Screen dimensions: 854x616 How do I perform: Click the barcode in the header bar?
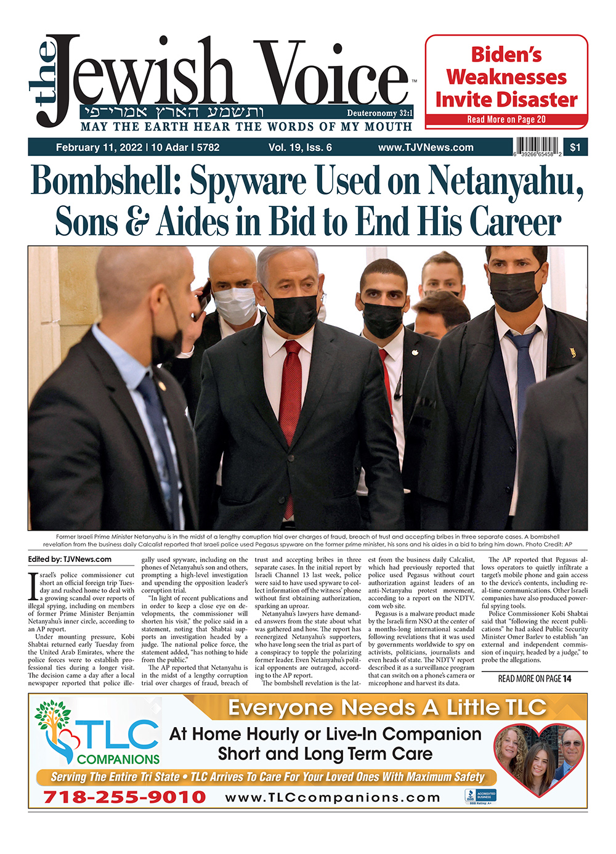538,147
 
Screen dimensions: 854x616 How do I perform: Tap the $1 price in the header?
575,147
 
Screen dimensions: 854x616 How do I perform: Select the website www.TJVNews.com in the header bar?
426,147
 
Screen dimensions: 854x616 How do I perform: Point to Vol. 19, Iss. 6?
300,147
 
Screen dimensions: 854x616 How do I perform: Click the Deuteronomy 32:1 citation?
379,113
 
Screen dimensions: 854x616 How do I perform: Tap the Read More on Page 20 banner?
506,120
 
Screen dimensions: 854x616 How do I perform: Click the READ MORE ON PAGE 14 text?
534,678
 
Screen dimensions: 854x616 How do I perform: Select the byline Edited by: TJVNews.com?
70,559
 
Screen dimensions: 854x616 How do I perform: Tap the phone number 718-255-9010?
124,797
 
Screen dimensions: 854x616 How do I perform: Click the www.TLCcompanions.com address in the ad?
333,797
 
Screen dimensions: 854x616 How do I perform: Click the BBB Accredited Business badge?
480,796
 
